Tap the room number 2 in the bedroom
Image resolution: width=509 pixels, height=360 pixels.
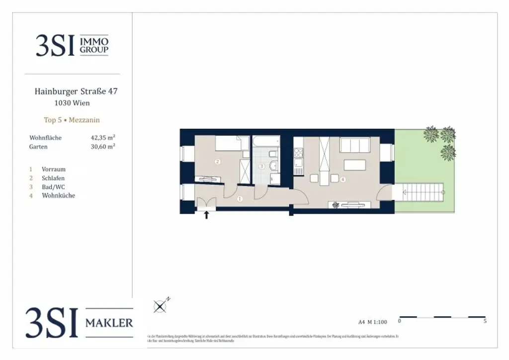[x=217, y=162]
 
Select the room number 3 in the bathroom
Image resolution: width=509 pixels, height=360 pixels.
[x=261, y=166]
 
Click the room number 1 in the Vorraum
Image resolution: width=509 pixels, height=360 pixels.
[x=240, y=199]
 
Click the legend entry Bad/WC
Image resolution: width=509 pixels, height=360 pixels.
[x=53, y=187]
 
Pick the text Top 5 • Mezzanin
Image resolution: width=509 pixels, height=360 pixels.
[x=72, y=120]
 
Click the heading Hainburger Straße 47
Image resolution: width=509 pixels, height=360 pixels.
[x=76, y=91]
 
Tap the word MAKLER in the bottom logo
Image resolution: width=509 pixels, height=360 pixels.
[x=109, y=323]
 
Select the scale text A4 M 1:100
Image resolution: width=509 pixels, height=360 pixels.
[x=372, y=322]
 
